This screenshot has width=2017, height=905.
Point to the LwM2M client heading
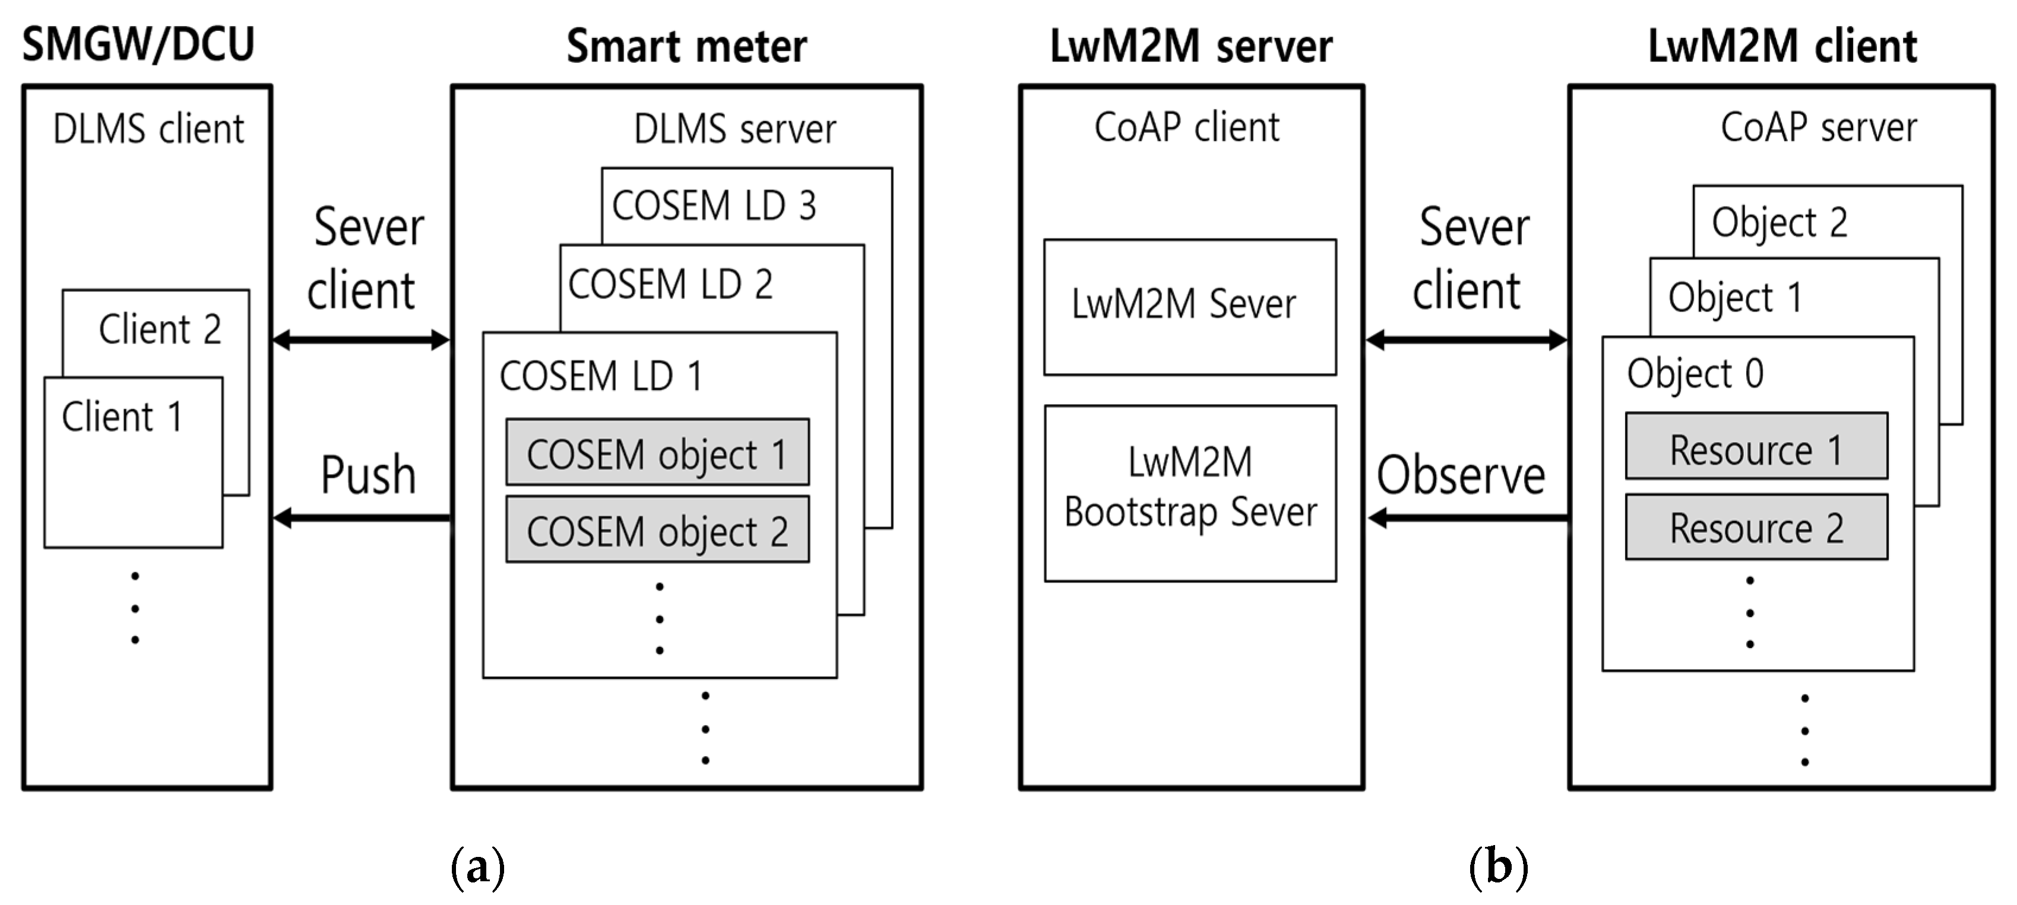1782,46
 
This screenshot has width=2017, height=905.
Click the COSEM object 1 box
657,452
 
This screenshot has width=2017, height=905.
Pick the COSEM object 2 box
657,530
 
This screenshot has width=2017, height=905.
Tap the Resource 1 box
1756,447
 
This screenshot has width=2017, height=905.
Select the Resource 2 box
1756,527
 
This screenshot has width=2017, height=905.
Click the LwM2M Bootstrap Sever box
1189,493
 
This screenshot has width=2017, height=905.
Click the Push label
368,475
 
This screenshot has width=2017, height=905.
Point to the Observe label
1461,475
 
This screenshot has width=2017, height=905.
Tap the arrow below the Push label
362,517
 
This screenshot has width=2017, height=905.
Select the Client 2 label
160,329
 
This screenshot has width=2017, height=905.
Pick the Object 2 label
1779,223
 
